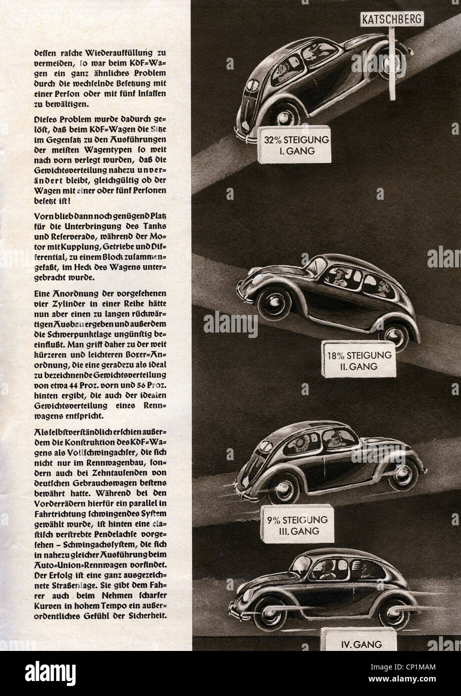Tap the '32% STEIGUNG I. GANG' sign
coord(294,144)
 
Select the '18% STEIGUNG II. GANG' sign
coord(358,359)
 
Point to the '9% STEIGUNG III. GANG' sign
coord(297,524)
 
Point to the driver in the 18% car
coord(342,277)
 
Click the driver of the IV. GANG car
coord(326,570)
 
